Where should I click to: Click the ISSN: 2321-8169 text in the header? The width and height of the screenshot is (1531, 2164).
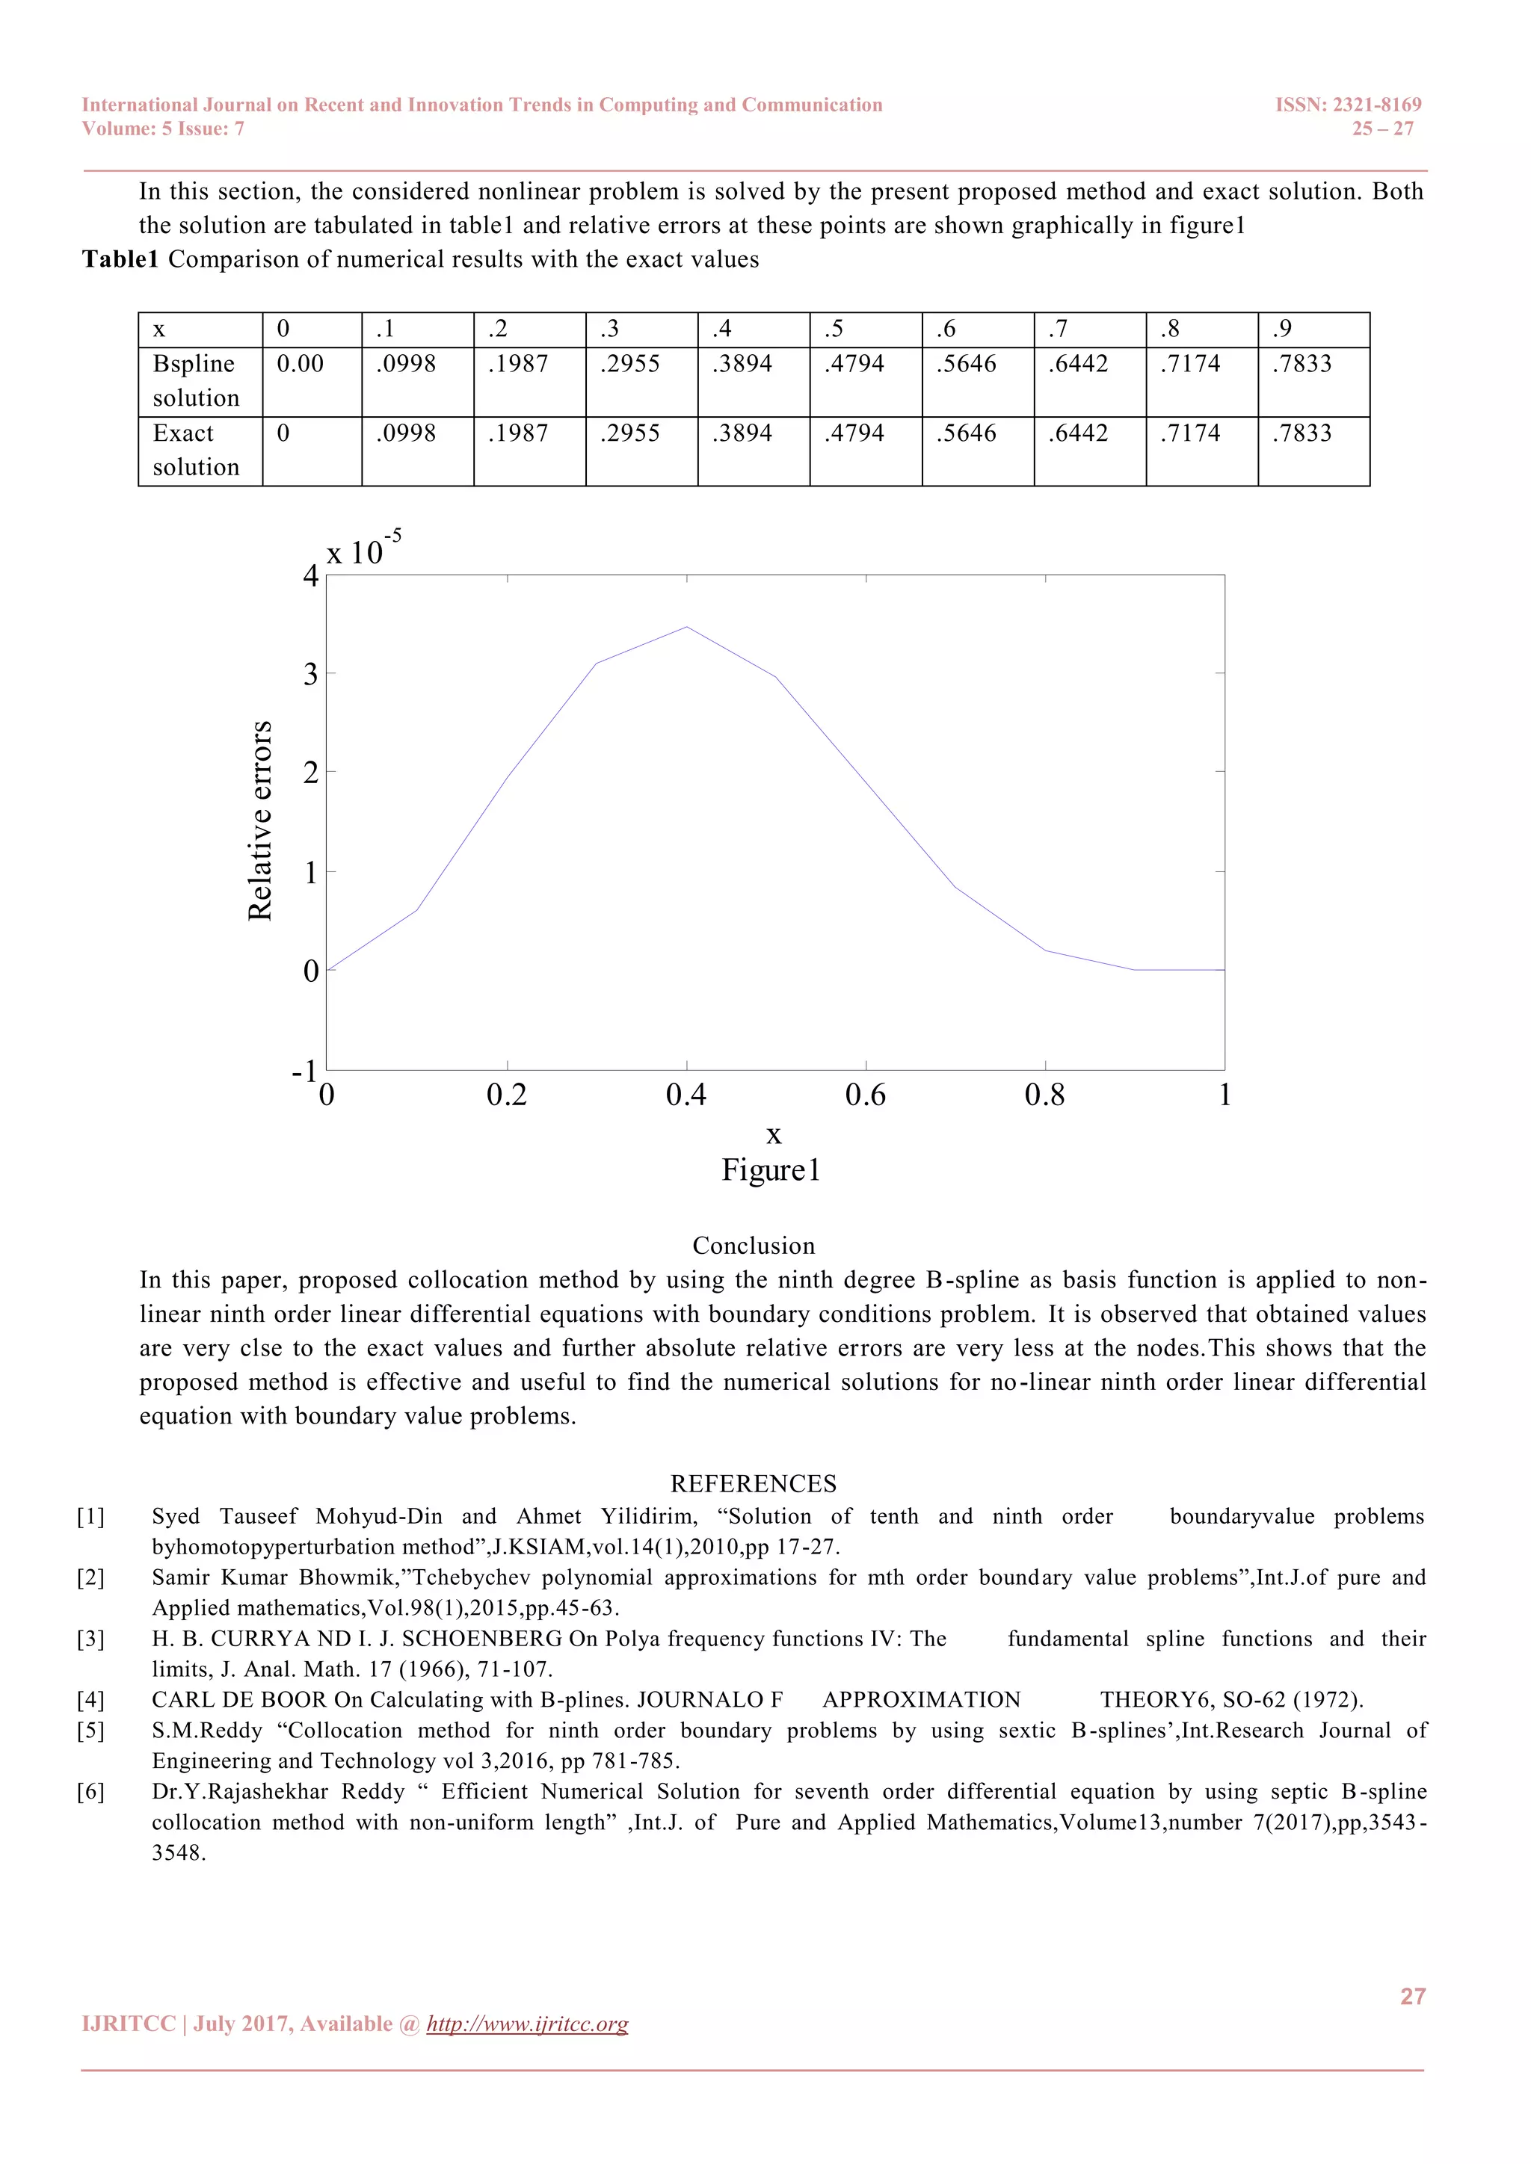pyautogui.click(x=1347, y=105)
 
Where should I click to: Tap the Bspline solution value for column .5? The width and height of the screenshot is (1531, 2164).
pyautogui.click(x=854, y=364)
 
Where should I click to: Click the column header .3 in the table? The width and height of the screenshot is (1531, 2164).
pyautogui.click(x=610, y=329)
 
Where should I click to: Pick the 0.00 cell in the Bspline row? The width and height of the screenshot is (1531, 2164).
pyautogui.click(x=300, y=364)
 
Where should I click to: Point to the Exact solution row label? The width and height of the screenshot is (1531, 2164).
pyautogui.click(x=196, y=451)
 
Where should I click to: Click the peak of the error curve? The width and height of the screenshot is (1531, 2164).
pyautogui.click(x=686, y=627)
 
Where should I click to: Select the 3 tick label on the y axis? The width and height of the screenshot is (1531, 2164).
pyautogui.click(x=310, y=675)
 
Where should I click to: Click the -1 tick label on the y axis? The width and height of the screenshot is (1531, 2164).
pyautogui.click(x=304, y=1072)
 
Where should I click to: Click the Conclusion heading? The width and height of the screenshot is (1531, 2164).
pyautogui.click(x=754, y=1246)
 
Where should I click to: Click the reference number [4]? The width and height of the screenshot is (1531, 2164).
pyautogui.click(x=90, y=1699)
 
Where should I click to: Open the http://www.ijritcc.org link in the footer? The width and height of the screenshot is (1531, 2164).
pyautogui.click(x=527, y=2024)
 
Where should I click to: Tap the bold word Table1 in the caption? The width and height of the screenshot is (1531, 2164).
pyautogui.click(x=120, y=259)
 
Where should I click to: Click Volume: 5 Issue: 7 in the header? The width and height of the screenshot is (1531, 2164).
pyautogui.click(x=163, y=129)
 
